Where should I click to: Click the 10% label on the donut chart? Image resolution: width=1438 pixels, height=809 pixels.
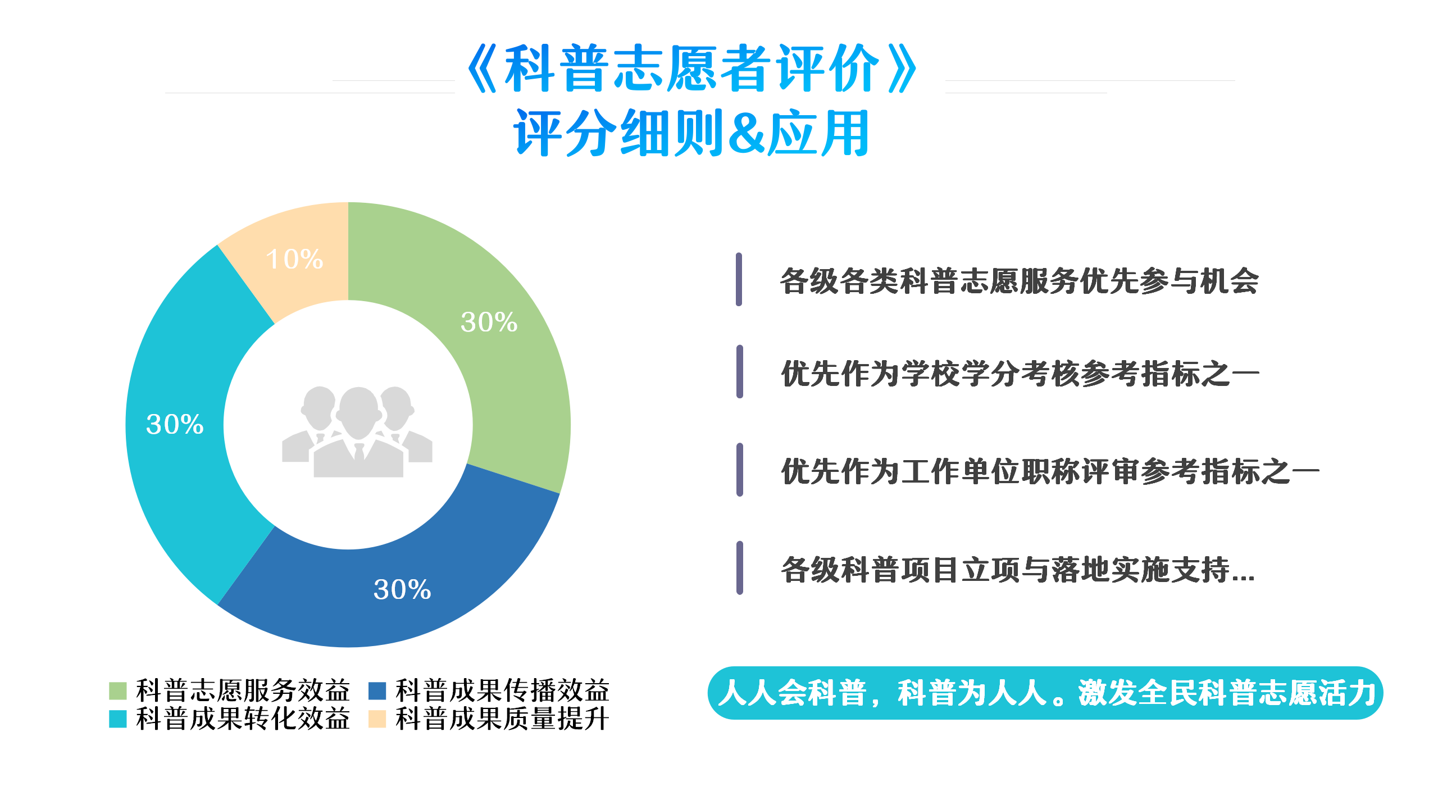point(294,259)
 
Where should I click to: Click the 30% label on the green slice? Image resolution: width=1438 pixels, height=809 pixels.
point(489,322)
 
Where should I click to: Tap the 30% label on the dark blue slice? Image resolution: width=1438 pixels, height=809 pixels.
point(402,589)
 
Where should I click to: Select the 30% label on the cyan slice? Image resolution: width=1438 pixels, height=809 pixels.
point(175,424)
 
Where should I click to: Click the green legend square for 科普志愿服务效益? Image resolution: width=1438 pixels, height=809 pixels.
point(117,690)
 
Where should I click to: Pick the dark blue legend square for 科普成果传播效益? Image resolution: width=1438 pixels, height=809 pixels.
point(377,690)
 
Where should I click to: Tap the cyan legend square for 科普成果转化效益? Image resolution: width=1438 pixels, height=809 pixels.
point(117,719)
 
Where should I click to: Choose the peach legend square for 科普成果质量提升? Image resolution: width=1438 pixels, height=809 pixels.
point(377,719)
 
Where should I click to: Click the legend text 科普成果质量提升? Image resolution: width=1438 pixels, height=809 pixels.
point(502,719)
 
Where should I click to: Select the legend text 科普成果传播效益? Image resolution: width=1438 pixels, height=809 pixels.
point(502,690)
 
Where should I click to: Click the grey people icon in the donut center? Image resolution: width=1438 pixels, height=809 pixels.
point(357,431)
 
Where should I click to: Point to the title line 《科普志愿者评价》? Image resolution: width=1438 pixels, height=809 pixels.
point(693,69)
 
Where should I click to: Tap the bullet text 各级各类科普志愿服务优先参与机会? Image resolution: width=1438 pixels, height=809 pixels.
point(1020,280)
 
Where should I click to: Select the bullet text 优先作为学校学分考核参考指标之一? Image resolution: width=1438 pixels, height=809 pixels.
point(1020,373)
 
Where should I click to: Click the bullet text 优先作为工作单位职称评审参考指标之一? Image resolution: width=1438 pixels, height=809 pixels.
point(1050,471)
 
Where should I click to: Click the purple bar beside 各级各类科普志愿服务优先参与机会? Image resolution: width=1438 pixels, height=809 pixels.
point(739,279)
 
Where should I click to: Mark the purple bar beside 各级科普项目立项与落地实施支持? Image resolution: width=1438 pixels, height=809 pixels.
point(740,567)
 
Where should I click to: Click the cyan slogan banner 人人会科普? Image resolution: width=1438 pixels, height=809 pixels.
point(1045,693)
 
